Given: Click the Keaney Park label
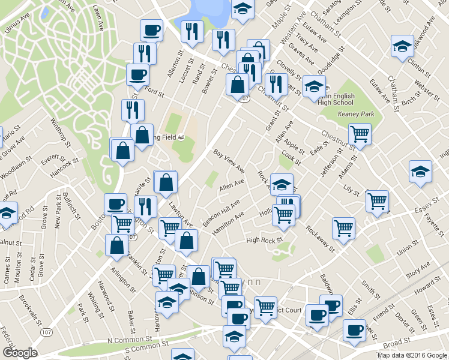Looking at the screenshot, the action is click(356, 113).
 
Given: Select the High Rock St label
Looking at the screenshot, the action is click(264, 241).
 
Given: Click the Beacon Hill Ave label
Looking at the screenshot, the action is click(221, 213).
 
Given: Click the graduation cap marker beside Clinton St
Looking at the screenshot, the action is click(402, 46).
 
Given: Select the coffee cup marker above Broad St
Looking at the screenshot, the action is click(354, 329).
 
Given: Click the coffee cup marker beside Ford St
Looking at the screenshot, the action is click(137, 74).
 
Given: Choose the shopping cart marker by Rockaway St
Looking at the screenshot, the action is click(343, 227).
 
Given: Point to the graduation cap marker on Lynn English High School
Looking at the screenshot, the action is click(313, 86).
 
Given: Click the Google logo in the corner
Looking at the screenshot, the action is click(20, 353).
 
